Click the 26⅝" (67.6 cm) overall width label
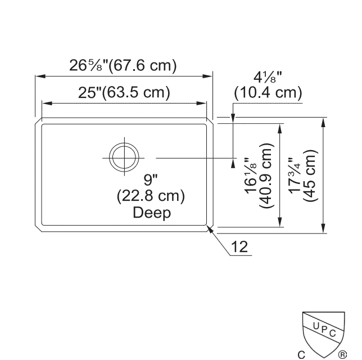(x=123, y=65)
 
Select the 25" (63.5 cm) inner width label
(x=124, y=92)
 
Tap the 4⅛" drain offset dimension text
(x=268, y=77)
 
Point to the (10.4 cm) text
(x=268, y=93)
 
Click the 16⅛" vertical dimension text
(x=250, y=175)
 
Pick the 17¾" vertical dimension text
(x=295, y=175)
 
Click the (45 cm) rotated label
(x=310, y=175)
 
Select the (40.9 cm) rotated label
(x=266, y=175)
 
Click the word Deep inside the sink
(x=152, y=213)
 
